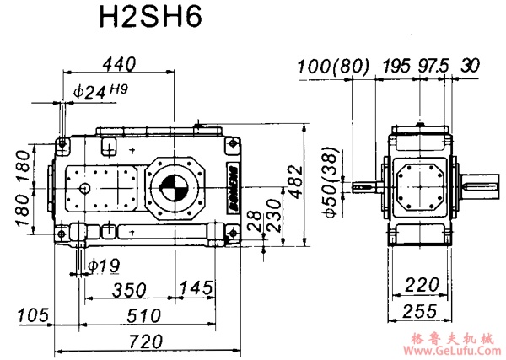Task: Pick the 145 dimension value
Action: pos(196,289)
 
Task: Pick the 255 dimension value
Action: pos(420,311)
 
